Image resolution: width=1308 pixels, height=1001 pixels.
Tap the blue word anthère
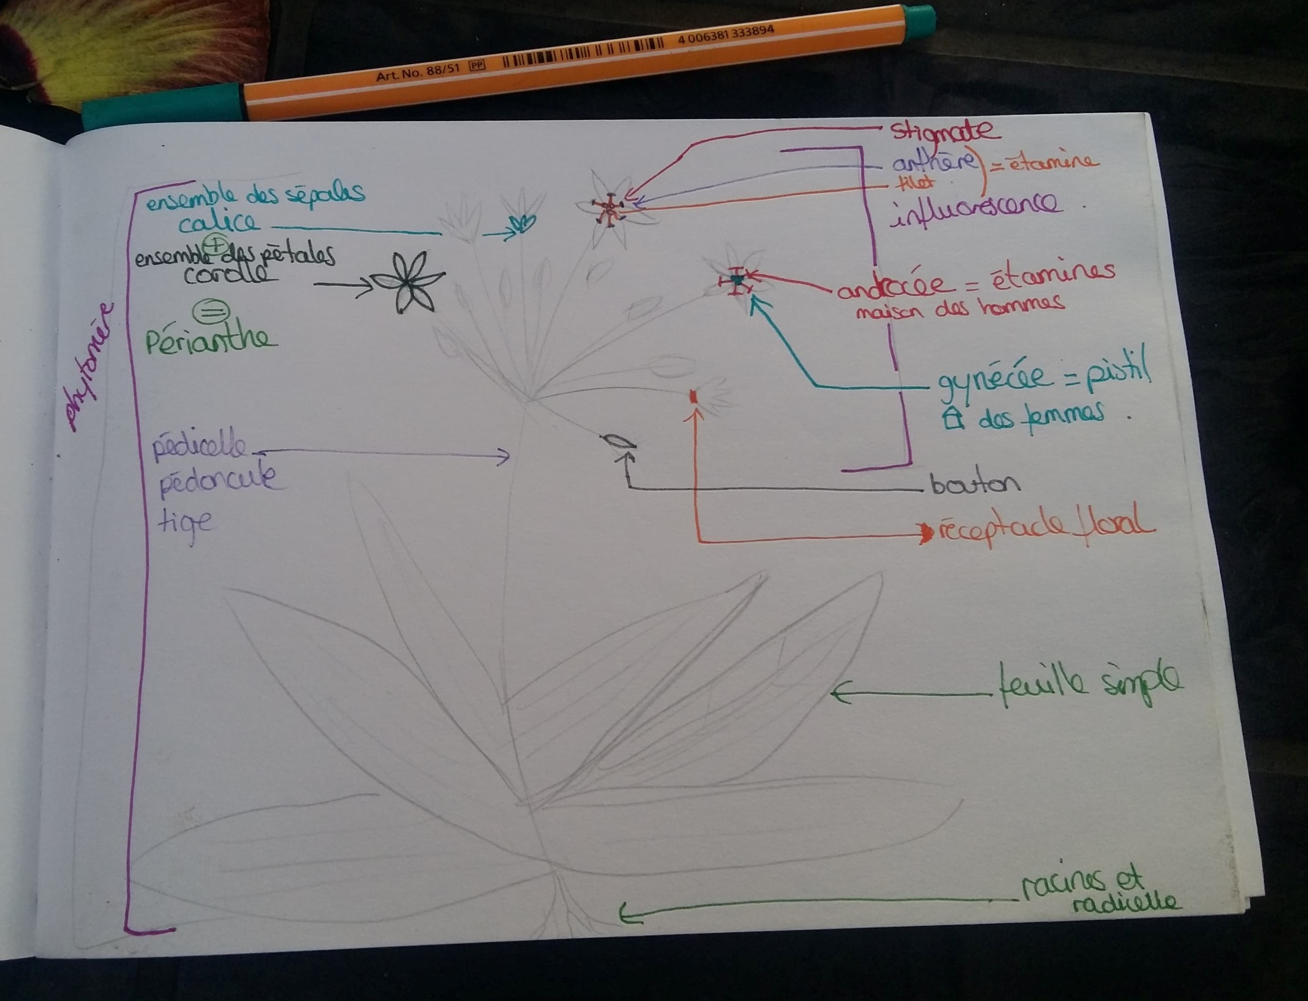(933, 162)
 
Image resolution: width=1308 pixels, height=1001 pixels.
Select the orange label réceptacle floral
(1046, 526)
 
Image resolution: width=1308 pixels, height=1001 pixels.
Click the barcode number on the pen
(725, 34)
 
